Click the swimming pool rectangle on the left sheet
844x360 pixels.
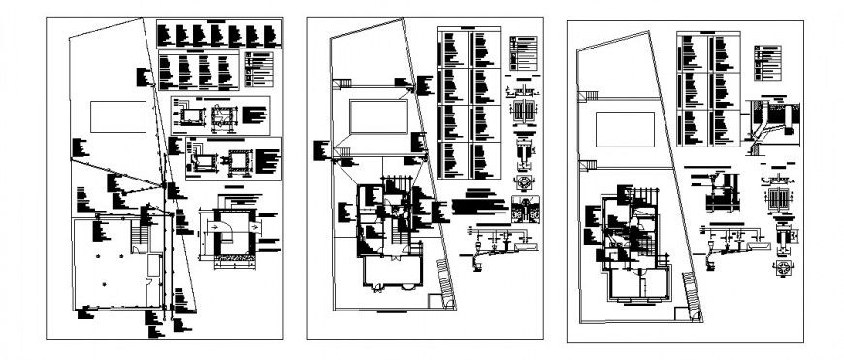tap(120, 116)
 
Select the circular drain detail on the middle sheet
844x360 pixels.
tap(524, 182)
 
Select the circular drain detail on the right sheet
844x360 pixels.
tap(783, 266)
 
